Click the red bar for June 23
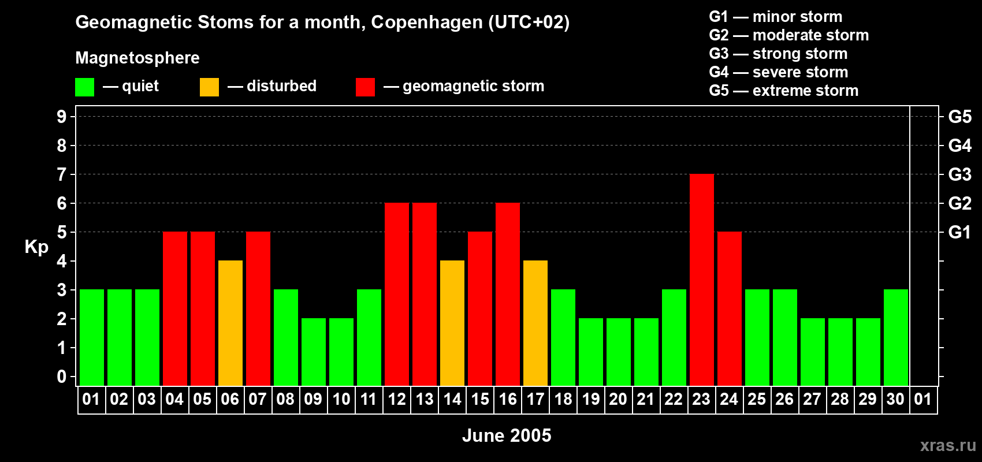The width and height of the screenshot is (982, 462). point(701,280)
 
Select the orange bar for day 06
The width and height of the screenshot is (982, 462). point(230,323)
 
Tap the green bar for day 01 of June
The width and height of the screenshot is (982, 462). point(91,338)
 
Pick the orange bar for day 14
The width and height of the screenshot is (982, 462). point(452,323)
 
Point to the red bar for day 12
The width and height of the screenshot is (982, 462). point(396,295)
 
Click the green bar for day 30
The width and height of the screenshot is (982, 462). point(895,338)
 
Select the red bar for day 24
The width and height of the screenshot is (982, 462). point(729,309)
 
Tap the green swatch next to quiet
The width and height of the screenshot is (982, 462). point(84,87)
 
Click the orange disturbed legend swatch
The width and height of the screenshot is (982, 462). point(209,87)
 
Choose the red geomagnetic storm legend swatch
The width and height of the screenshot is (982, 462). point(365,87)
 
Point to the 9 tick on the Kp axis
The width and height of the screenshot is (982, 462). point(62,117)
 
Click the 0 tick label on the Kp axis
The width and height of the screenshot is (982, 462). point(62,377)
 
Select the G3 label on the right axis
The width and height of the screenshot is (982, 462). point(959,174)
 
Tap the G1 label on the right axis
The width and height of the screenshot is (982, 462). point(959,232)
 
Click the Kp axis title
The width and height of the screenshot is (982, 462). point(36,247)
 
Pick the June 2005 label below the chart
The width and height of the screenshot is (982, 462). point(507,435)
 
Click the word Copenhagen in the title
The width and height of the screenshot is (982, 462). point(426,23)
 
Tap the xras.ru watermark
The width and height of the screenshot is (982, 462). point(947,445)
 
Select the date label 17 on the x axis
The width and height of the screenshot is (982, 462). point(535,399)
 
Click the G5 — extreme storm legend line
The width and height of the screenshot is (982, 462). point(783,91)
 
